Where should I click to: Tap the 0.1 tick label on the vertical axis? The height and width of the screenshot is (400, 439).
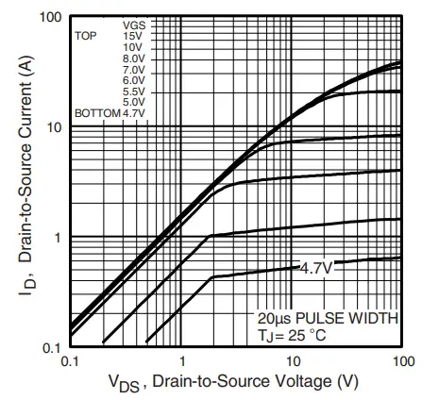coord(51,348)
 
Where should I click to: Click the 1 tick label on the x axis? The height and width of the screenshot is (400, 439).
coord(180,361)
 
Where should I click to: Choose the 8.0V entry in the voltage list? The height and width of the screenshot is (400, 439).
coord(133,58)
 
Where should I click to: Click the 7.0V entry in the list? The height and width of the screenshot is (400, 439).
coord(133,69)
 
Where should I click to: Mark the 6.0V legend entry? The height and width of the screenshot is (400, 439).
coord(133,80)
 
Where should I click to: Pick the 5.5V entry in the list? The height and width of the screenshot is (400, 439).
coord(133,92)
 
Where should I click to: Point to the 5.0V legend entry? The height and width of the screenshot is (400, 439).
coord(133,102)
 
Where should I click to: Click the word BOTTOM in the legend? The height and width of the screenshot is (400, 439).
coord(97,113)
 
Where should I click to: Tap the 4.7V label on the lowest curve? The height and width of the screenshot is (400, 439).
coord(316,268)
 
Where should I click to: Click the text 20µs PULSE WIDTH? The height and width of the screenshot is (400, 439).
coord(327,317)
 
